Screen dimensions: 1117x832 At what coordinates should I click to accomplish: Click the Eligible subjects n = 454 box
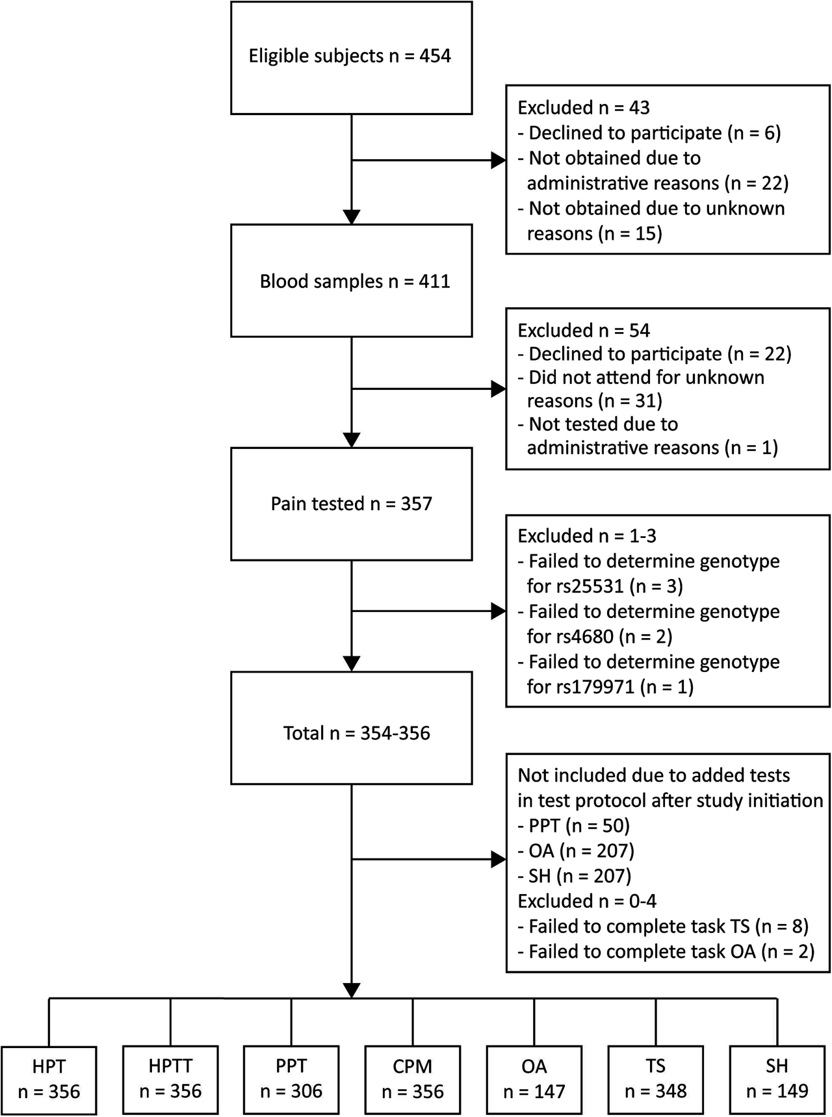pos(351,57)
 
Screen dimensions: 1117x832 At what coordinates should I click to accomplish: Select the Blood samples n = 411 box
pos(351,281)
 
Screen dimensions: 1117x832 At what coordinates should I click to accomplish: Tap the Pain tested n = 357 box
pos(351,504)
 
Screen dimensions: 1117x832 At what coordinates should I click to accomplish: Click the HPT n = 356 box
pos(49,1080)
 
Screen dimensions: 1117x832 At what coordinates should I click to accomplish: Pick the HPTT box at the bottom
pos(170,1080)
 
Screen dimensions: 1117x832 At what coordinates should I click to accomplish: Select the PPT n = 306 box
pos(291,1080)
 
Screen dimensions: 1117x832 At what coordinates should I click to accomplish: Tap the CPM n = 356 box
pos(413,1080)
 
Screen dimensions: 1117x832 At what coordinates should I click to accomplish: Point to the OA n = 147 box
pos(534,1080)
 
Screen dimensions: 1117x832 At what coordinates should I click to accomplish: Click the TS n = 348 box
pos(655,1080)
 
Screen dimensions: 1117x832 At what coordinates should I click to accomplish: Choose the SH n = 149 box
pos(777,1080)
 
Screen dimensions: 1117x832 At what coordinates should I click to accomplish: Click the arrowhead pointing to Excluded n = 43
pos(499,160)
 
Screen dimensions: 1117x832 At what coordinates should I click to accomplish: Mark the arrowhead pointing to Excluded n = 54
pos(499,389)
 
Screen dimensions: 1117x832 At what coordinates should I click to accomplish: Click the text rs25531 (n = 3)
pos(604,587)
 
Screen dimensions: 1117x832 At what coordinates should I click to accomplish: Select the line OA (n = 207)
pos(577,851)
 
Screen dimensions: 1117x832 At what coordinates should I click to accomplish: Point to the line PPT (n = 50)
pos(574,826)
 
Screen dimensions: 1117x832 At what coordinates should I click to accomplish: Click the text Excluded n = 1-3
pos(586,536)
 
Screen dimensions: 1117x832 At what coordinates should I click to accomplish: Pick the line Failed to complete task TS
pos(660,926)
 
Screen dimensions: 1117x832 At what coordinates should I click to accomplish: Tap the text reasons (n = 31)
pos(594,401)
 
